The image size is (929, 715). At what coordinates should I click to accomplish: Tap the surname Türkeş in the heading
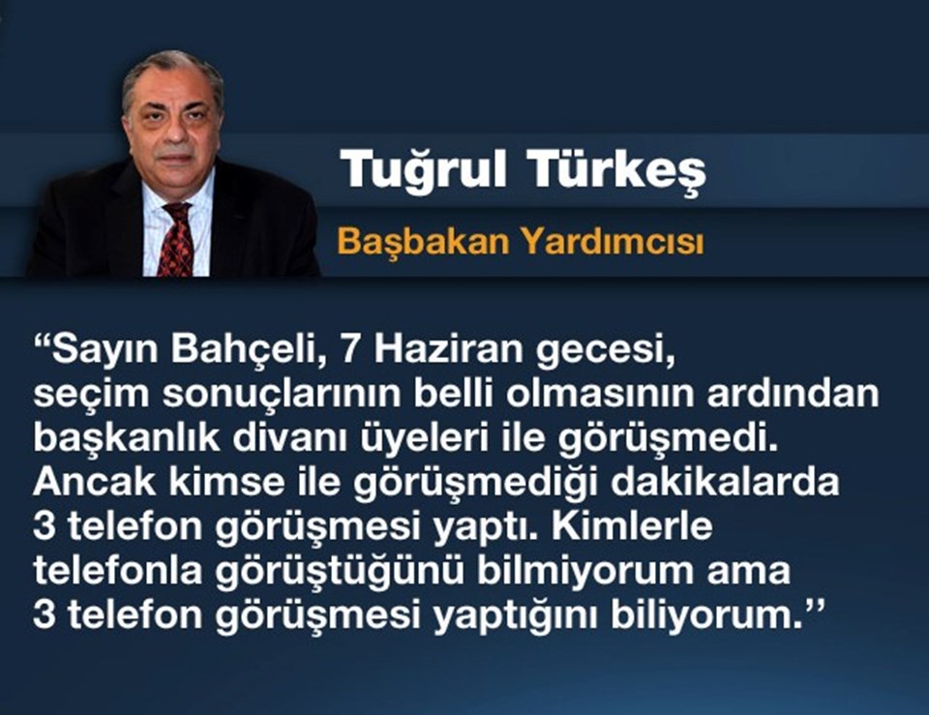616,170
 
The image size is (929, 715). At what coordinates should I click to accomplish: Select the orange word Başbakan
423,242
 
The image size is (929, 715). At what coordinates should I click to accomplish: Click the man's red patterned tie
176,239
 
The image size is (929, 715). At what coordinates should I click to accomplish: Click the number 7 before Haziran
350,350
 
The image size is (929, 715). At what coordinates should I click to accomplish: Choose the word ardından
793,395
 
